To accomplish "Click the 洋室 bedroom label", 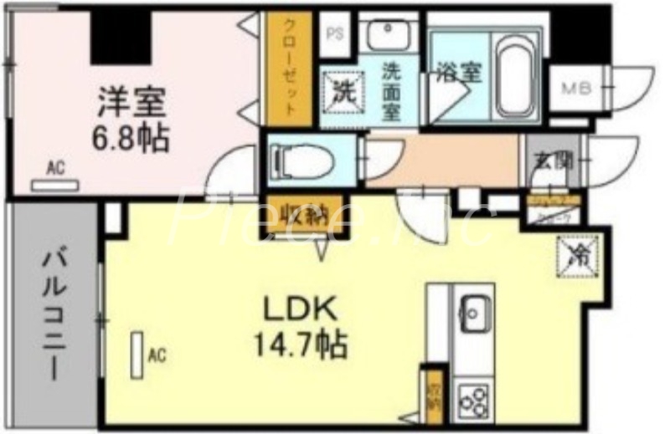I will click(131, 102).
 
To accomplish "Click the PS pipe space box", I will click(334, 34).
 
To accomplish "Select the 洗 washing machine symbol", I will click(343, 90).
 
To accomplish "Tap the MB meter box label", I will click(576, 86).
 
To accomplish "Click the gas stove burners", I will click(474, 400).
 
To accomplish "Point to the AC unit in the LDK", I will click(137, 355).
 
